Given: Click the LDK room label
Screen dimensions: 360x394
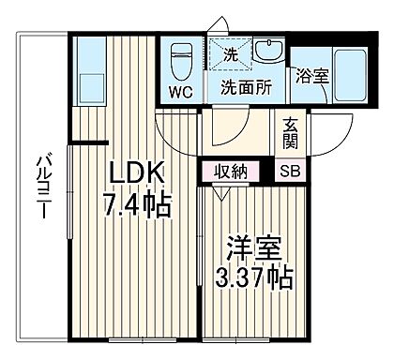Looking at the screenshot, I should pos(139,175).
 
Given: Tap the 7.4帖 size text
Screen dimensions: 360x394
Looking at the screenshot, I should pos(138,204).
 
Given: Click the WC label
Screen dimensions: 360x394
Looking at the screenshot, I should pos(181,91).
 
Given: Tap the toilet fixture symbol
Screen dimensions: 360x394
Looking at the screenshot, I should pos(180,60).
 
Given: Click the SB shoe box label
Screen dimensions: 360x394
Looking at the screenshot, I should pos(287,172).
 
